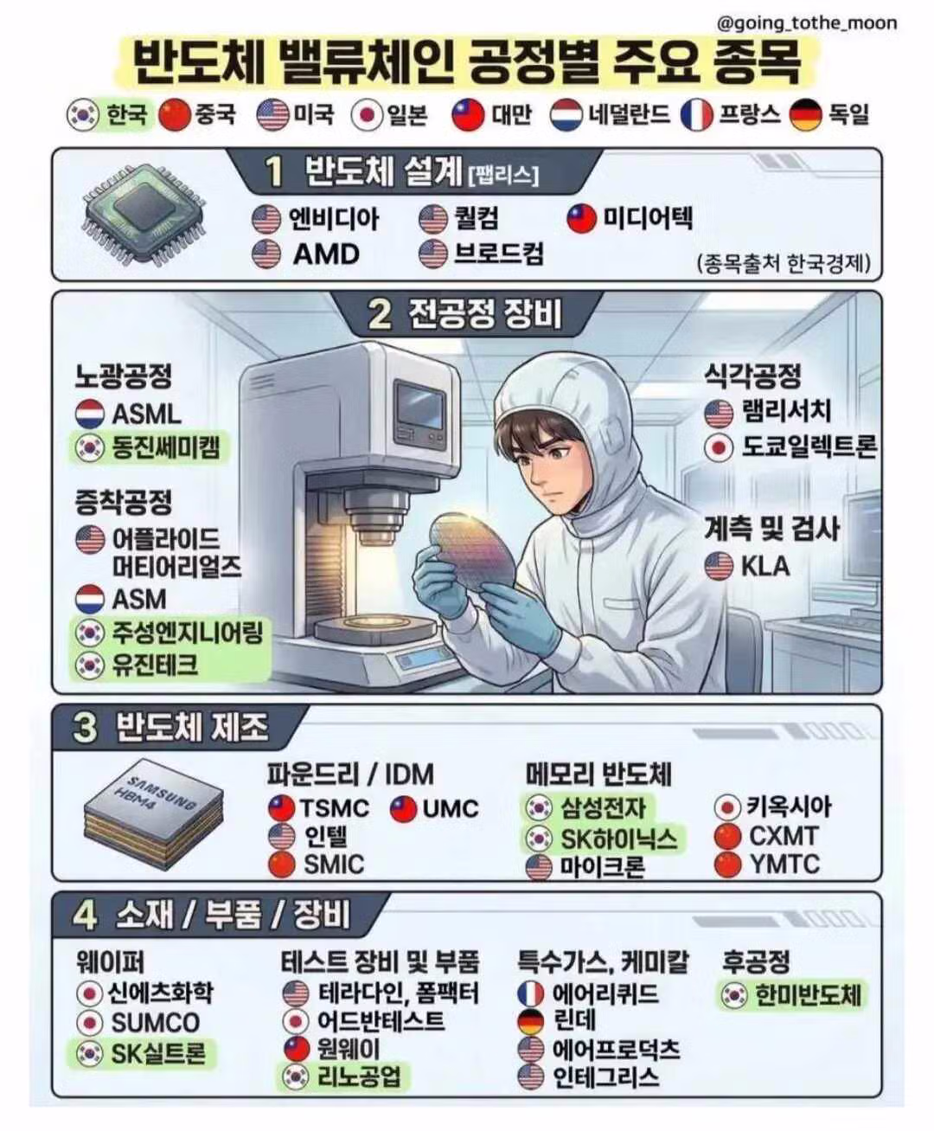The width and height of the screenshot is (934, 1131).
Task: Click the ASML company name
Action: (146, 414)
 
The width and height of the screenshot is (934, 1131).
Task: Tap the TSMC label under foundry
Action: (334, 808)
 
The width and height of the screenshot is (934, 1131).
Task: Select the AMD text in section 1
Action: (325, 254)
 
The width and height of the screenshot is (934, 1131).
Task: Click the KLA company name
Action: (764, 566)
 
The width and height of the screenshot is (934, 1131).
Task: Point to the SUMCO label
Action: (156, 1023)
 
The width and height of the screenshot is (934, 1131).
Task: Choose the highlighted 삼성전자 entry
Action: (602, 808)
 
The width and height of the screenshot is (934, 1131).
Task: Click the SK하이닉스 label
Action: (617, 839)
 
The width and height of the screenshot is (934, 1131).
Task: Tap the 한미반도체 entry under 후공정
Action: (808, 995)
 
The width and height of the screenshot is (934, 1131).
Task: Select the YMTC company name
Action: (784, 864)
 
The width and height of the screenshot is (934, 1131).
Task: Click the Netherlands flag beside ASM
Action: (90, 599)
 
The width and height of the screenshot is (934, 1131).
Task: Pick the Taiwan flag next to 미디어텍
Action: (582, 218)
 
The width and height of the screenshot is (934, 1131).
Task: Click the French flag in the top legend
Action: (696, 114)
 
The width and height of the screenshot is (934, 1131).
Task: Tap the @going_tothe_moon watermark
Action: (807, 23)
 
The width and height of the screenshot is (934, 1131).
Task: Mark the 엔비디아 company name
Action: (334, 218)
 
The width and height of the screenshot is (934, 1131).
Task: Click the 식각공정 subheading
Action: (752, 375)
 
